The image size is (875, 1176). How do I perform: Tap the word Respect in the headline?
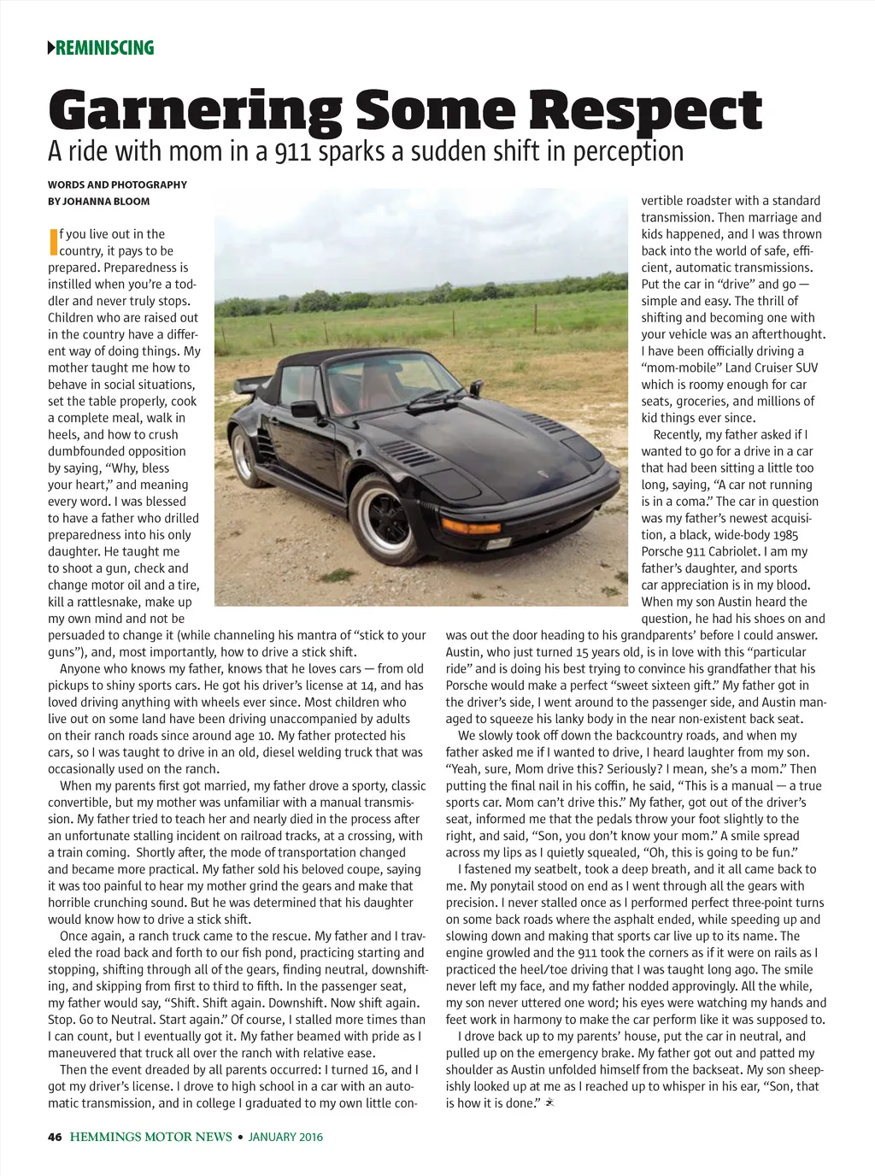643,112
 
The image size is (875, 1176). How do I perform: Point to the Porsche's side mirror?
305,409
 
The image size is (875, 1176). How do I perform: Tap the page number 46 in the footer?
55,1137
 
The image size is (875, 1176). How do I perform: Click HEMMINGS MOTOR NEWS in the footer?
151,1137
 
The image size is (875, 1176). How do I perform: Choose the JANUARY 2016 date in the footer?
285,1137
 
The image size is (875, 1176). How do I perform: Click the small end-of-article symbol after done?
550,1103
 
